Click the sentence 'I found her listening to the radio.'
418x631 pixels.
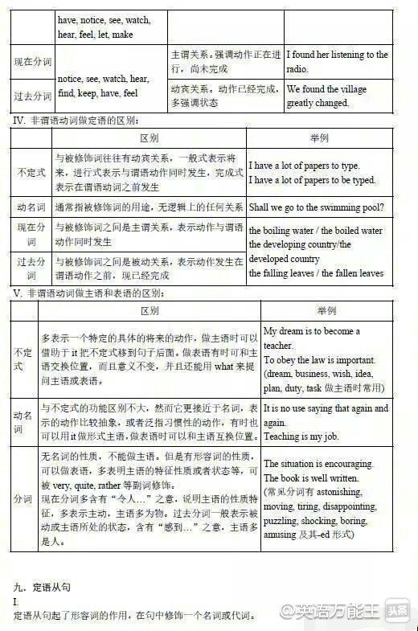[x=337, y=61]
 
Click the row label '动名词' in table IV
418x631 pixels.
[x=31, y=207]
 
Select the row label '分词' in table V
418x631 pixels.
[x=23, y=499]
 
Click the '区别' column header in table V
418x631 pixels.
[x=150, y=310]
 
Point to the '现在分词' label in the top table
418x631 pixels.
[x=32, y=61]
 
